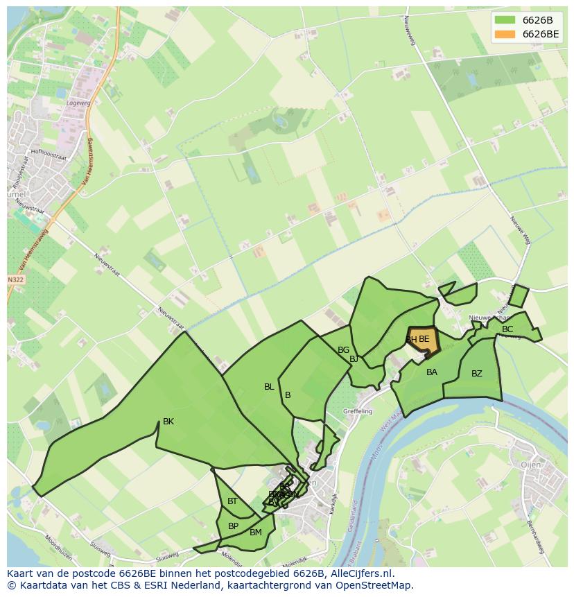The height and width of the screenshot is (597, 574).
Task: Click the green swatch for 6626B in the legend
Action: pos(505,19)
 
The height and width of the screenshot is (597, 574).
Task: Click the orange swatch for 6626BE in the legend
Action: pos(505,34)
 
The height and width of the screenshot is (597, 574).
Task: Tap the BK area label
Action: pos(168,422)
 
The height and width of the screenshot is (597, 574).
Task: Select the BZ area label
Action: pos(477,374)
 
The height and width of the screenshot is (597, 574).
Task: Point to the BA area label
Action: pos(432,372)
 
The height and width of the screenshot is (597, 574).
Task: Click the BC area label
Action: pos(507,329)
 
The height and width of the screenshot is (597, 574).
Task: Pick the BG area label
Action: pos(343,350)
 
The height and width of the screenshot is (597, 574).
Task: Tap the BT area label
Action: pos(232,501)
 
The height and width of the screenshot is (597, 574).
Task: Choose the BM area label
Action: pos(256,533)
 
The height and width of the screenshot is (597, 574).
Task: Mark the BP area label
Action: pos(233,526)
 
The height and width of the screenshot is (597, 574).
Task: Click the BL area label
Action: pos(269,387)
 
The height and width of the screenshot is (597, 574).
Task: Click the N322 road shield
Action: pos(15,279)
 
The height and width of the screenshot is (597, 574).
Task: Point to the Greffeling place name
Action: pos(358,411)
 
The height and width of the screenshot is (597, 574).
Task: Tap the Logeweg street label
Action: pos(78,103)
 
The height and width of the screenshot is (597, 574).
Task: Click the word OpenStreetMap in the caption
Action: pos(376,585)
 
